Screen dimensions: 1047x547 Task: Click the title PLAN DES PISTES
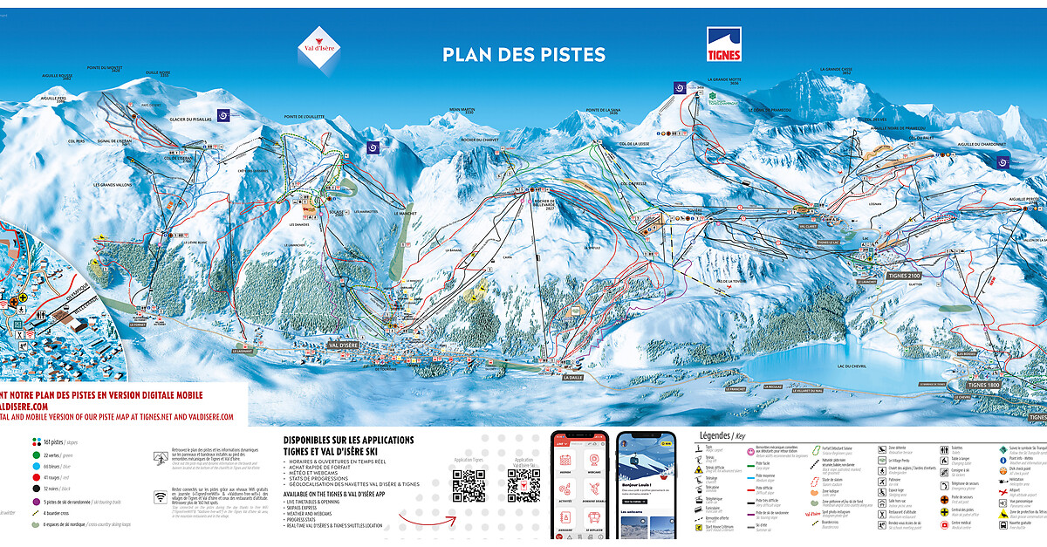click(523, 54)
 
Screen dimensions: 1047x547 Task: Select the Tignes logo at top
click(723, 44)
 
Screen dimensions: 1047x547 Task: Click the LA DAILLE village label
click(572, 378)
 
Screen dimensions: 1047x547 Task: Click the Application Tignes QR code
click(469, 485)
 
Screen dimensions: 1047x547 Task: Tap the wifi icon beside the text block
click(161, 497)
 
